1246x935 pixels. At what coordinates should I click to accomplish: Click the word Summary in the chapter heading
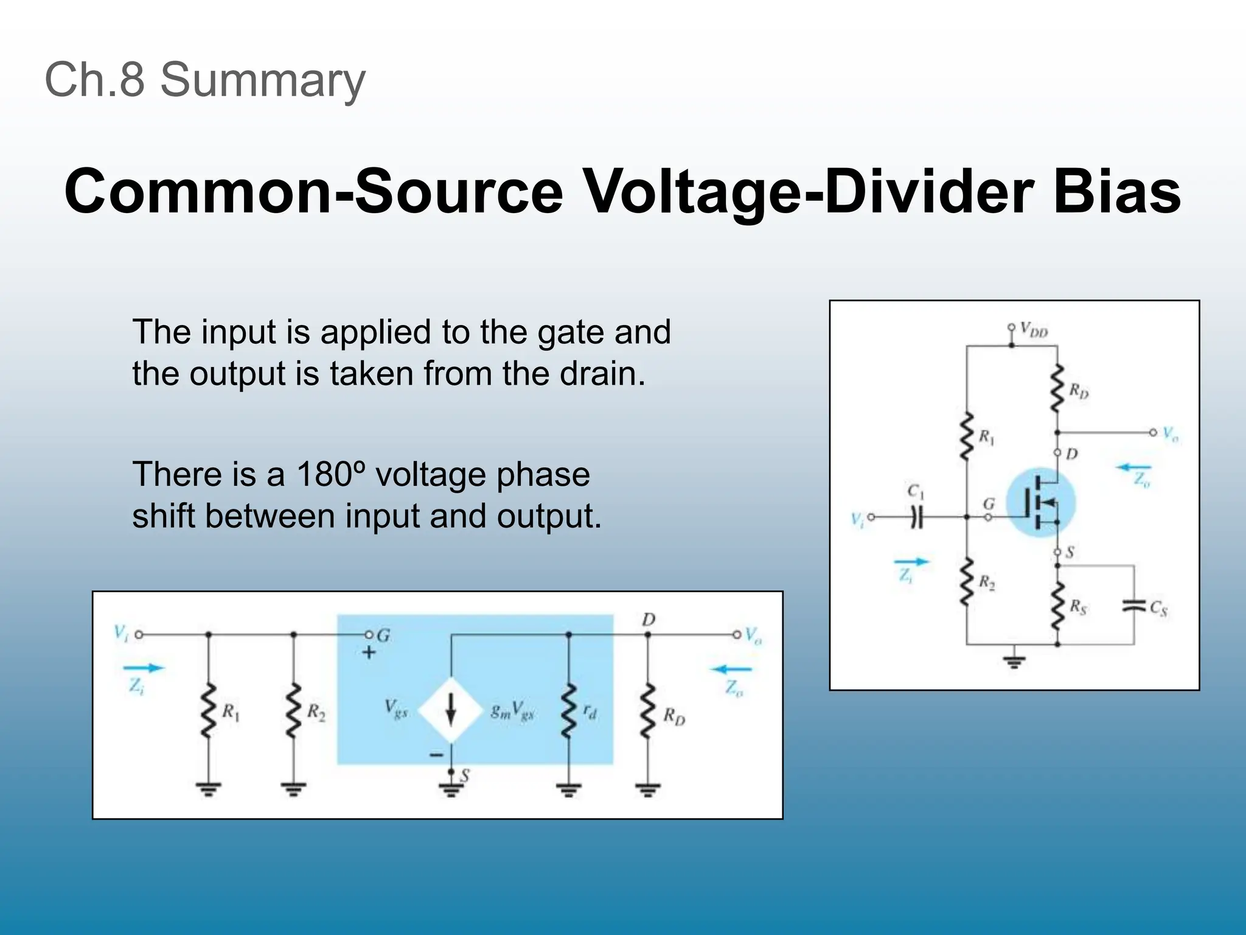pyautogui.click(x=263, y=80)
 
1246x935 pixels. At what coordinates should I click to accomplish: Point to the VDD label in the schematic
pyautogui.click(x=1034, y=331)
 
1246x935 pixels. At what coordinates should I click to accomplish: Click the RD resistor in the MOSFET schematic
pyautogui.click(x=1057, y=388)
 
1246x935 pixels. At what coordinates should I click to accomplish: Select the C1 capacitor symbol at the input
pyautogui.click(x=917, y=517)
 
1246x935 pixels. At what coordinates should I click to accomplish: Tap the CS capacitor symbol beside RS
pyautogui.click(x=1133, y=606)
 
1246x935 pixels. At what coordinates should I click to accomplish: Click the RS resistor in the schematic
pyautogui.click(x=1057, y=606)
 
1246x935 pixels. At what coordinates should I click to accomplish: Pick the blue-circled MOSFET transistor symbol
pyautogui.click(x=1040, y=502)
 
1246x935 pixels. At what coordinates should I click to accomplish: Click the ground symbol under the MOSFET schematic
pyautogui.click(x=1014, y=662)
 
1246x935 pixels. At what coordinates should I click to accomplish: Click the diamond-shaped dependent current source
pyautogui.click(x=451, y=710)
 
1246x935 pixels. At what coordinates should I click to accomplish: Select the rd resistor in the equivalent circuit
pyautogui.click(x=568, y=710)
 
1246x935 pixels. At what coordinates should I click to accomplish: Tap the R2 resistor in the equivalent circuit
pyautogui.click(x=294, y=710)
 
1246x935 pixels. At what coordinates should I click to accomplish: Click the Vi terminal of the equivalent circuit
pyautogui.click(x=139, y=634)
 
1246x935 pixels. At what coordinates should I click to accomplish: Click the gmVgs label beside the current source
pyautogui.click(x=512, y=710)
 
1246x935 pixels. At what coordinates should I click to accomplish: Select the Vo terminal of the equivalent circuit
pyautogui.click(x=737, y=634)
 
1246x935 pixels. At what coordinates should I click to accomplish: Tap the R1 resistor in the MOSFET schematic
pyautogui.click(x=966, y=437)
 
